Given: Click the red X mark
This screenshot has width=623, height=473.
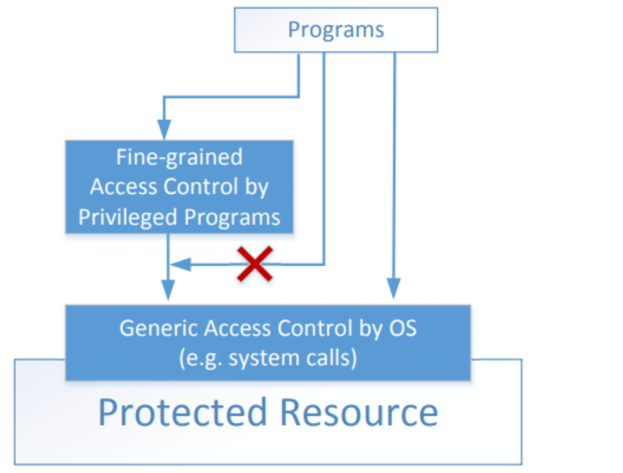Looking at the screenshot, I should (x=255, y=264).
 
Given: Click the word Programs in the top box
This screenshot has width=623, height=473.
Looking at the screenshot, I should (x=336, y=29).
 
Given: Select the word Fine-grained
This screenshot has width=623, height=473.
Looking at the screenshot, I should (x=179, y=157).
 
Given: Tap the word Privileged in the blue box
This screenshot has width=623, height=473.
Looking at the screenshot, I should (x=128, y=217).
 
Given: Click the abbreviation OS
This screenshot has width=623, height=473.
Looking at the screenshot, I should (x=403, y=328).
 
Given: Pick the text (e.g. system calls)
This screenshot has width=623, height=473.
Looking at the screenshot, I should (x=268, y=358).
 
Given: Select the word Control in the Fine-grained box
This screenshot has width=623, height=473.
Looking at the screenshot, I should (x=202, y=187).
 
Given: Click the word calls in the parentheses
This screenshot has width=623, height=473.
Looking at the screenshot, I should (x=332, y=358).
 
